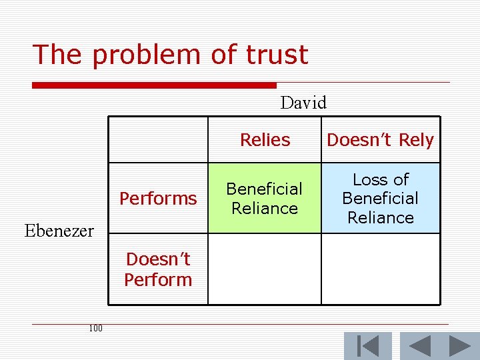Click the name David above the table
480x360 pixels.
click(x=303, y=103)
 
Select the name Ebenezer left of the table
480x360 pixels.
click(x=59, y=231)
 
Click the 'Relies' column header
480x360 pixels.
click(x=265, y=140)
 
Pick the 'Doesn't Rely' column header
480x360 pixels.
click(x=380, y=140)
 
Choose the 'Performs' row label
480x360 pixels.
click(x=158, y=198)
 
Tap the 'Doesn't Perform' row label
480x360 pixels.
click(x=158, y=269)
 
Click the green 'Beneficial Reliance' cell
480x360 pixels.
click(x=265, y=198)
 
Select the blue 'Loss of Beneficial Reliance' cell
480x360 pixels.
click(x=381, y=198)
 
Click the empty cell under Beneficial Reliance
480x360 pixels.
click(x=265, y=269)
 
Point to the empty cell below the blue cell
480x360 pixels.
click(x=381, y=269)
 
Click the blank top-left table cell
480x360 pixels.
click(x=158, y=140)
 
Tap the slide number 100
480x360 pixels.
click(x=95, y=328)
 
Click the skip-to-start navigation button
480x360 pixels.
click(x=367, y=346)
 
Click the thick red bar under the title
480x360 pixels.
click(x=154, y=85)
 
